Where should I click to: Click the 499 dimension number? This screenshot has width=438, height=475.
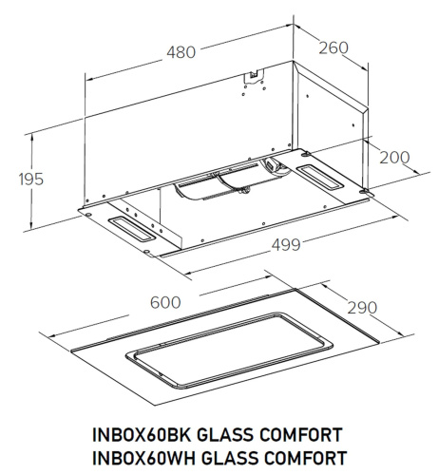click(x=282, y=245)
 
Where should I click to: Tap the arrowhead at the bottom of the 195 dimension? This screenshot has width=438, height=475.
click(x=32, y=224)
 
